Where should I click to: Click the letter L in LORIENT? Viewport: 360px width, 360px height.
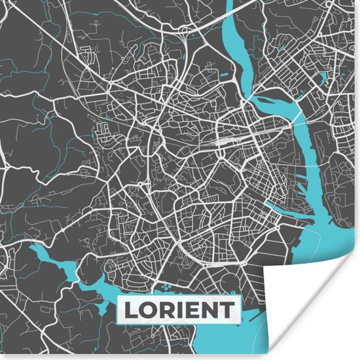129,310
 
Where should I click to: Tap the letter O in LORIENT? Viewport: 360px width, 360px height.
145,310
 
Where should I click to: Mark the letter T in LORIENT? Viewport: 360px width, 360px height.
223,310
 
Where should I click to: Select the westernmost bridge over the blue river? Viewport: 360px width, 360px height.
257,98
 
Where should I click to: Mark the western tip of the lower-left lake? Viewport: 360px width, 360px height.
31,249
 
